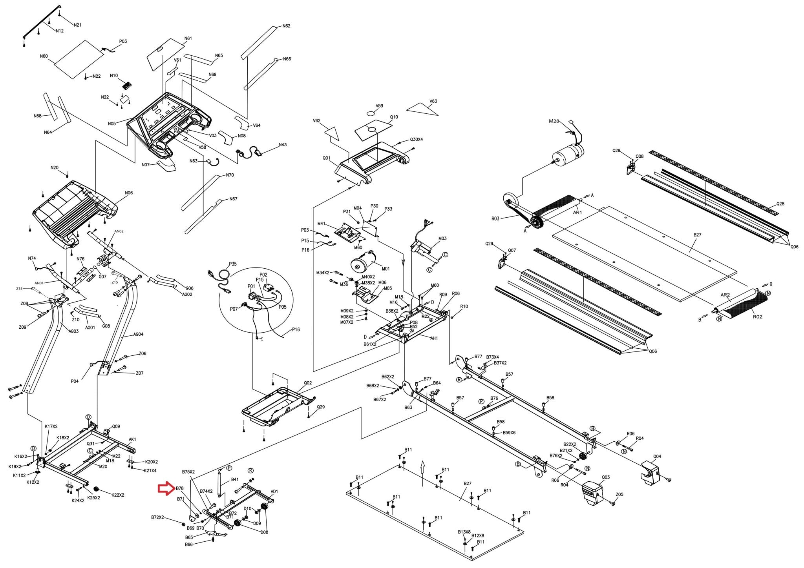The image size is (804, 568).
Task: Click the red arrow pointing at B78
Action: [x=166, y=488]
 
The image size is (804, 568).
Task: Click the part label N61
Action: [x=188, y=38]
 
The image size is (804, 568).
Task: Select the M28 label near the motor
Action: [x=554, y=121]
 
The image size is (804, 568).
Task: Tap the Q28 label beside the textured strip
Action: [x=780, y=204]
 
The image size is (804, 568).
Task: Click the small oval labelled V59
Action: [x=371, y=113]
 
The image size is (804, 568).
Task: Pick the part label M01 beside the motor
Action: [x=386, y=269]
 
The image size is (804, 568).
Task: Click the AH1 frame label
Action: [x=434, y=338]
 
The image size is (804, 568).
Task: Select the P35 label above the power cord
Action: [x=233, y=264]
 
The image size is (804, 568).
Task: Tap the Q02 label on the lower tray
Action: [x=308, y=382]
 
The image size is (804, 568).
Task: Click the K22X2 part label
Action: [x=118, y=495]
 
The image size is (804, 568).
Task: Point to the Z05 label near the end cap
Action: [x=619, y=494]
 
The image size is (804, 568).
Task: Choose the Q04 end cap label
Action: [x=657, y=456]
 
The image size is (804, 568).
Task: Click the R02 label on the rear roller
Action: [x=757, y=317]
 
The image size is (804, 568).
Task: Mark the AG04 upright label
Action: [x=138, y=334]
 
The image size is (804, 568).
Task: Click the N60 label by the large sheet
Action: [x=44, y=56]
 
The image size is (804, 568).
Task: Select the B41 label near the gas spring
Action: [x=235, y=479]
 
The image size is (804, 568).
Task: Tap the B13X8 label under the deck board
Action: [x=464, y=532]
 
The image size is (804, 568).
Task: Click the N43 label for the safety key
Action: [x=283, y=145]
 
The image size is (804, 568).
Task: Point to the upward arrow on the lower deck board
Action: [x=422, y=468]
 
